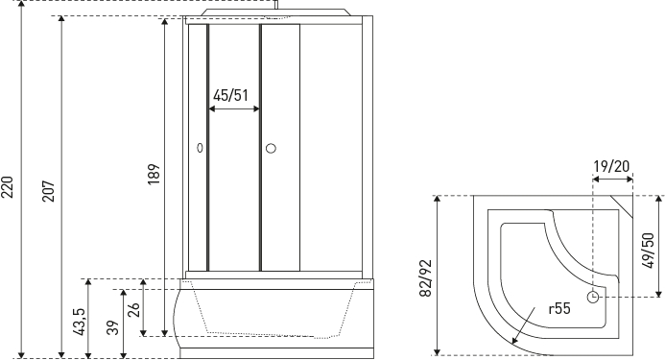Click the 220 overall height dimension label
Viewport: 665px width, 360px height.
tap(8, 187)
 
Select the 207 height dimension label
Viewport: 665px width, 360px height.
tap(48, 191)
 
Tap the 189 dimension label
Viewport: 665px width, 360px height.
tap(154, 174)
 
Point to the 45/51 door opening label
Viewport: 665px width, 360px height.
tap(230, 95)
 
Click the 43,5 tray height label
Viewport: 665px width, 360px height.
tap(80, 322)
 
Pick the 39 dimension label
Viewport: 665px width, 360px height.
tap(113, 327)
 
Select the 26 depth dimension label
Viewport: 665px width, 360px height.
tap(133, 309)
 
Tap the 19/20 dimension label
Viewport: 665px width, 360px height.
tap(611, 166)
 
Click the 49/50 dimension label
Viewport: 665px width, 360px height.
tap(648, 250)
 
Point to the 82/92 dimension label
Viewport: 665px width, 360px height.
tap(425, 278)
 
